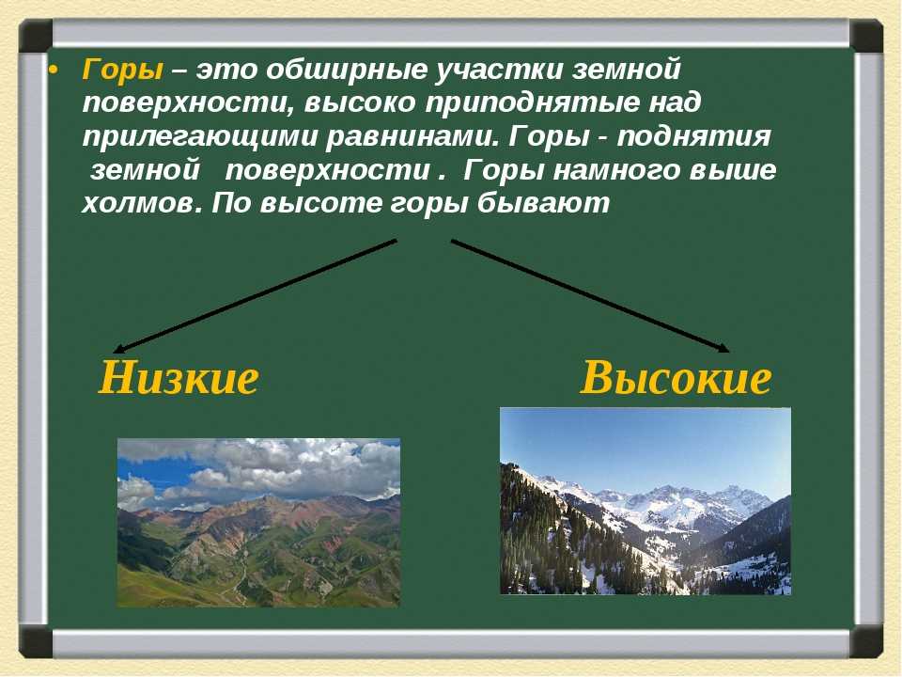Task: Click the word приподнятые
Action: pyautogui.click(x=532, y=103)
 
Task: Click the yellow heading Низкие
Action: pyautogui.click(x=179, y=378)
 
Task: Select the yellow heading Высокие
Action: pyautogui.click(x=676, y=378)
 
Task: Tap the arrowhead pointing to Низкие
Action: pyautogui.click(x=117, y=349)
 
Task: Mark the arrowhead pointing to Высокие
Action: pyautogui.click(x=723, y=348)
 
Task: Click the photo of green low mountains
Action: pyautogui.click(x=258, y=522)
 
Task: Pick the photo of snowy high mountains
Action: pyautogui.click(x=645, y=501)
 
